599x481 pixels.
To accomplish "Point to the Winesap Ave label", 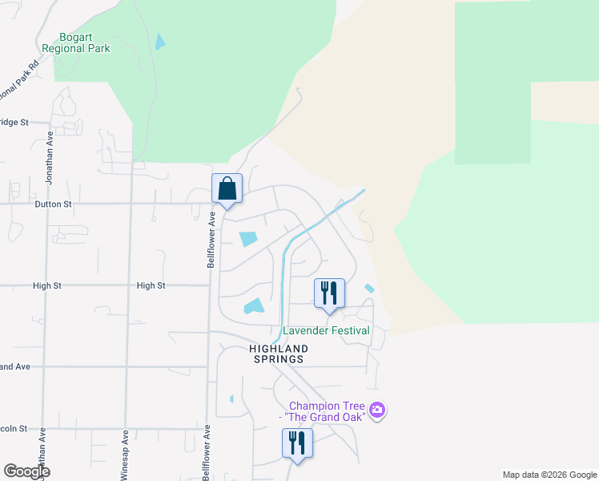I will [x=125, y=456].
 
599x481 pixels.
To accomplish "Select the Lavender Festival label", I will [x=326, y=330].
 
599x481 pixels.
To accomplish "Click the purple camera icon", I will [x=378, y=411].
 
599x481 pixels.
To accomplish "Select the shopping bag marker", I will [x=227, y=189].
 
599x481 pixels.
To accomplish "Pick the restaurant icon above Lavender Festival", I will [x=329, y=293].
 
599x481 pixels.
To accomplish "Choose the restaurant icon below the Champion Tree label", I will [x=297, y=443].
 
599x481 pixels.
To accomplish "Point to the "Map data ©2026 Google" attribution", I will [x=549, y=475].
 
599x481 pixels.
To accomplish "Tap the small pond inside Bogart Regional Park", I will [x=161, y=41].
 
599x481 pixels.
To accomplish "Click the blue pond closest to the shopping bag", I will [x=248, y=239].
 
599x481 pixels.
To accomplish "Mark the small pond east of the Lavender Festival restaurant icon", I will [x=369, y=289].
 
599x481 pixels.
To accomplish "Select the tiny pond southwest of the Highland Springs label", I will [x=231, y=398].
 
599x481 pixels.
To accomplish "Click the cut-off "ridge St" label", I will [x=14, y=123].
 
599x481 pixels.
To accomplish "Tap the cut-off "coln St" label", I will [x=14, y=429].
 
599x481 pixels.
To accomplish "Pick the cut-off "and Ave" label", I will [x=14, y=366].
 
